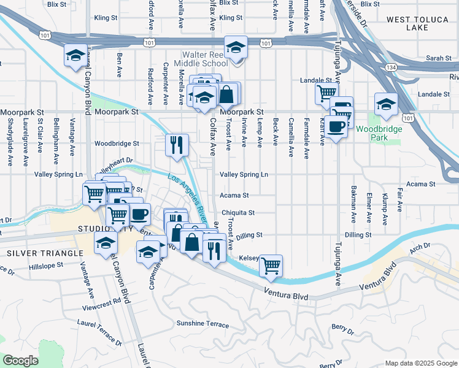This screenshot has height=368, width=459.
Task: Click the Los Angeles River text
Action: point(187,196)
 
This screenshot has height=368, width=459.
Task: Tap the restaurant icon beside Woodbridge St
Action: point(176,145)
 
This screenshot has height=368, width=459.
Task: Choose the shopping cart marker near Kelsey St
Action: point(270,265)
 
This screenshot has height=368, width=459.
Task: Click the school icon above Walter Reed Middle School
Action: point(234,47)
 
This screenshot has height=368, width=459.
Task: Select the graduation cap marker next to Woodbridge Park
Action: point(386,103)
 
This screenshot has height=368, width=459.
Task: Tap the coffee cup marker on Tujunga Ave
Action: point(336,126)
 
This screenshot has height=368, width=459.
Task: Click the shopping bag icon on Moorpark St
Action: point(226,94)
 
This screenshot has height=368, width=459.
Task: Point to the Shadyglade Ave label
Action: point(10,150)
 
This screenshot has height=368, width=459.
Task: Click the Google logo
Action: point(20,361)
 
